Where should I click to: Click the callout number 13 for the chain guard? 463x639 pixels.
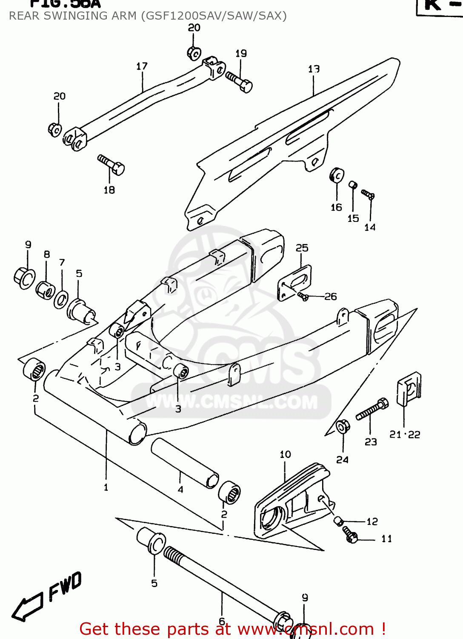pyautogui.click(x=314, y=69)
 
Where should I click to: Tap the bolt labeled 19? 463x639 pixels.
pyautogui.click(x=240, y=81)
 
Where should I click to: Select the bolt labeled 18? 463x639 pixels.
pyautogui.click(x=111, y=164)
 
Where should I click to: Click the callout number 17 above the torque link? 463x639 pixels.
pyautogui.click(x=142, y=66)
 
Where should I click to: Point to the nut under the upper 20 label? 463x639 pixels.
pyautogui.click(x=194, y=54)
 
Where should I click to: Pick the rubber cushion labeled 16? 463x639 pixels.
pyautogui.click(x=337, y=175)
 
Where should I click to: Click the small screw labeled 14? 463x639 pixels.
pyautogui.click(x=368, y=194)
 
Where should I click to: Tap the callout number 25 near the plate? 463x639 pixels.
pyautogui.click(x=302, y=248)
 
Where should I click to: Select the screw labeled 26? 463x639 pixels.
pyautogui.click(x=303, y=296)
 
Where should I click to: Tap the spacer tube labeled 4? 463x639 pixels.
pyautogui.click(x=184, y=463)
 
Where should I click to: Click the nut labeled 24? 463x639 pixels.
pyautogui.click(x=343, y=426)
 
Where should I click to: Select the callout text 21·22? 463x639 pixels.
pyautogui.click(x=405, y=435)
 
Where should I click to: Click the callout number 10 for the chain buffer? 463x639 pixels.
pyautogui.click(x=285, y=455)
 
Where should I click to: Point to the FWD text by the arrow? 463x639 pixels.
pyautogui.click(x=65, y=586)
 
